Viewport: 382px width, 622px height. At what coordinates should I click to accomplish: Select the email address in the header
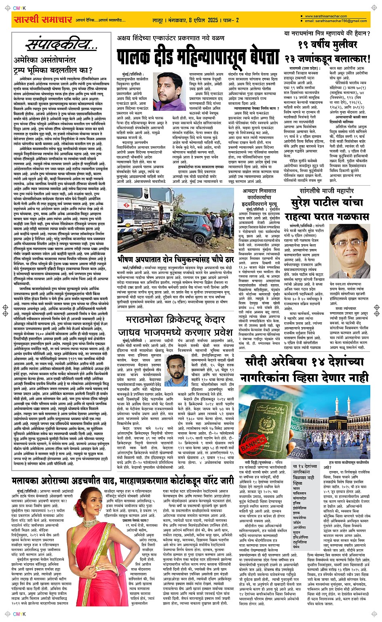click(336, 21)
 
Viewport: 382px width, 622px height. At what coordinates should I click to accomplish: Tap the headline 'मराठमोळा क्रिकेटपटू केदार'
click(174, 320)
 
